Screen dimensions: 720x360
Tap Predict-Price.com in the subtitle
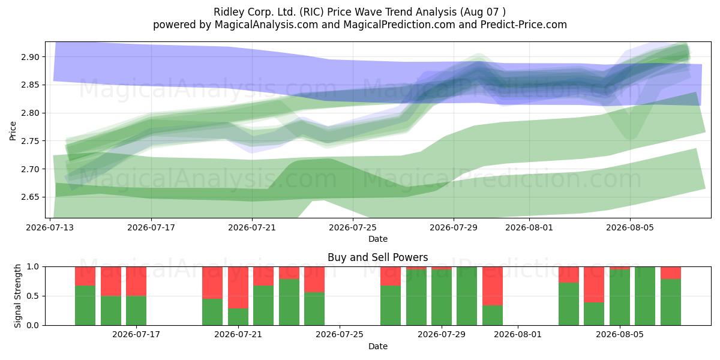tap(524, 25)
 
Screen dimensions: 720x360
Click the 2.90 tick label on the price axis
tap(30, 57)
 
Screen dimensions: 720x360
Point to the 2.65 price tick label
tap(30, 197)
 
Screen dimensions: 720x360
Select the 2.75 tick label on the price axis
tap(30, 141)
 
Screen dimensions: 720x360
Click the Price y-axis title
tap(13, 131)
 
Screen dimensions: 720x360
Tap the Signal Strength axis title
tap(17, 296)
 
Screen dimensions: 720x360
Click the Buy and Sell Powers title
tap(377, 257)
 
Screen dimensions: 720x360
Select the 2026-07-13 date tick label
tap(50, 227)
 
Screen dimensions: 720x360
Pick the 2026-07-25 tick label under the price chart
tap(353, 227)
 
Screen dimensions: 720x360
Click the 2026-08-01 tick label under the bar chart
tap(517, 335)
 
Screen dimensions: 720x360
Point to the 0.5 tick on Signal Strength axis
tap(33, 296)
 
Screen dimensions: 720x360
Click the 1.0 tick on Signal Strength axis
tap(33, 267)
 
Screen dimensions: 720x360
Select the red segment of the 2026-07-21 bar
tap(238, 287)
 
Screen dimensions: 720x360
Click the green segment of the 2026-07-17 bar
tap(136, 311)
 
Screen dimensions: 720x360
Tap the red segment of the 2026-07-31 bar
tap(493, 286)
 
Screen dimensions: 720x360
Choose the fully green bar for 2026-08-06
tap(645, 296)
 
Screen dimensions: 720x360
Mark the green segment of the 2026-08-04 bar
tap(594, 314)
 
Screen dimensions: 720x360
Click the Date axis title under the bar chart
tap(377, 347)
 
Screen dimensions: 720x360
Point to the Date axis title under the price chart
tap(377, 239)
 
